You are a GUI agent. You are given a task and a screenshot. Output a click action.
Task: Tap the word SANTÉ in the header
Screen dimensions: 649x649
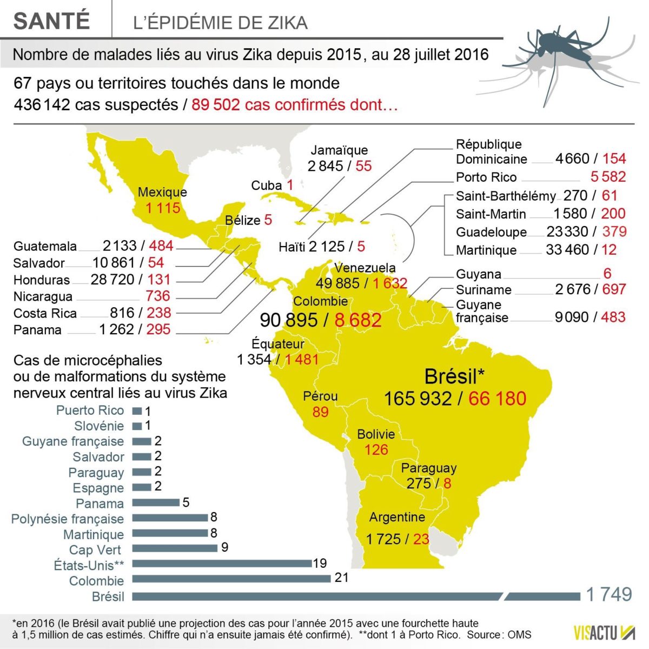pos(51,21)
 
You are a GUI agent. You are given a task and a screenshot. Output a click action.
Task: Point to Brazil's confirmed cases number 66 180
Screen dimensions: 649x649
pos(497,399)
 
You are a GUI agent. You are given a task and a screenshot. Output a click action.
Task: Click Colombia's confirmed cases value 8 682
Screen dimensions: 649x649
pos(358,320)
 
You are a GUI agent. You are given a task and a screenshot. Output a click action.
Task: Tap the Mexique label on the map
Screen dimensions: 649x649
pos(162,192)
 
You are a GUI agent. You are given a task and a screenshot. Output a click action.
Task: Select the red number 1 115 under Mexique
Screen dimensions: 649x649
pos(162,208)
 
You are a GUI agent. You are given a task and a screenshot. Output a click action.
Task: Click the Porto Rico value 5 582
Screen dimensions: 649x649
pos(608,177)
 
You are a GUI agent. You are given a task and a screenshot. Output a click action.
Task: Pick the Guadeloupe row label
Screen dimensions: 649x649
pos(491,232)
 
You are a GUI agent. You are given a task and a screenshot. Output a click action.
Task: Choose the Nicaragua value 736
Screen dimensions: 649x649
pos(157,296)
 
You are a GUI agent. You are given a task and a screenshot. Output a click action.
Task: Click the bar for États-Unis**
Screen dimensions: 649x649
pos(222,564)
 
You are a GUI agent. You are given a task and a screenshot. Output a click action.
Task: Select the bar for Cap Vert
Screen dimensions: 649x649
pos(174,548)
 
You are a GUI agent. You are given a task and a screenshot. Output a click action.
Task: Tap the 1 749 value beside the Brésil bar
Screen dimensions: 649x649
pos(609,594)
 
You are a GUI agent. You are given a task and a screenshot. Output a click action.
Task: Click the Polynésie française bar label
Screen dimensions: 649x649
pos(68,519)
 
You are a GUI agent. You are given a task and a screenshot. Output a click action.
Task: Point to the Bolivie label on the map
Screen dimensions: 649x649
pos(376,434)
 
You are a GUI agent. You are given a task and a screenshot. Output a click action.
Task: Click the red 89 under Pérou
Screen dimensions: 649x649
pos(320,412)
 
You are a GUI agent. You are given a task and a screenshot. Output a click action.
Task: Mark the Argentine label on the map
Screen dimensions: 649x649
pos(397,518)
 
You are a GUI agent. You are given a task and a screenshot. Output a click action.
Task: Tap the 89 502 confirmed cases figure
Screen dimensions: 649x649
pos(215,104)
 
